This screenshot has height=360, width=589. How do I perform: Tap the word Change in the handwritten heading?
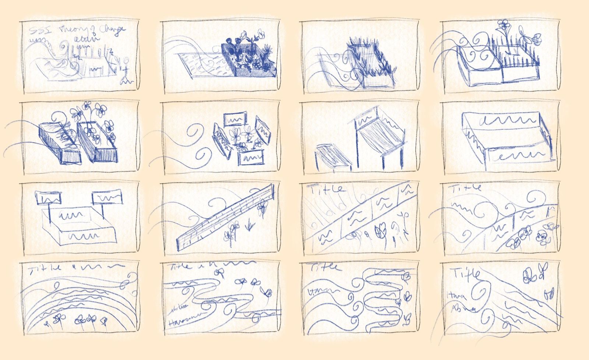tap(113, 31)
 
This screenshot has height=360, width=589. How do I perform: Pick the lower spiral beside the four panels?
tap(202, 154)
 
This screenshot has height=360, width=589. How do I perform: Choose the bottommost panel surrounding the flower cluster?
tap(251, 158)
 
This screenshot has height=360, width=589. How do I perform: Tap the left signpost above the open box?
tap(48, 198)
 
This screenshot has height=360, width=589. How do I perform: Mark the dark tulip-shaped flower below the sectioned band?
tap(380, 232)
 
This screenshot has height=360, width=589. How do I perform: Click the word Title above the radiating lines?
tap(328, 189)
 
